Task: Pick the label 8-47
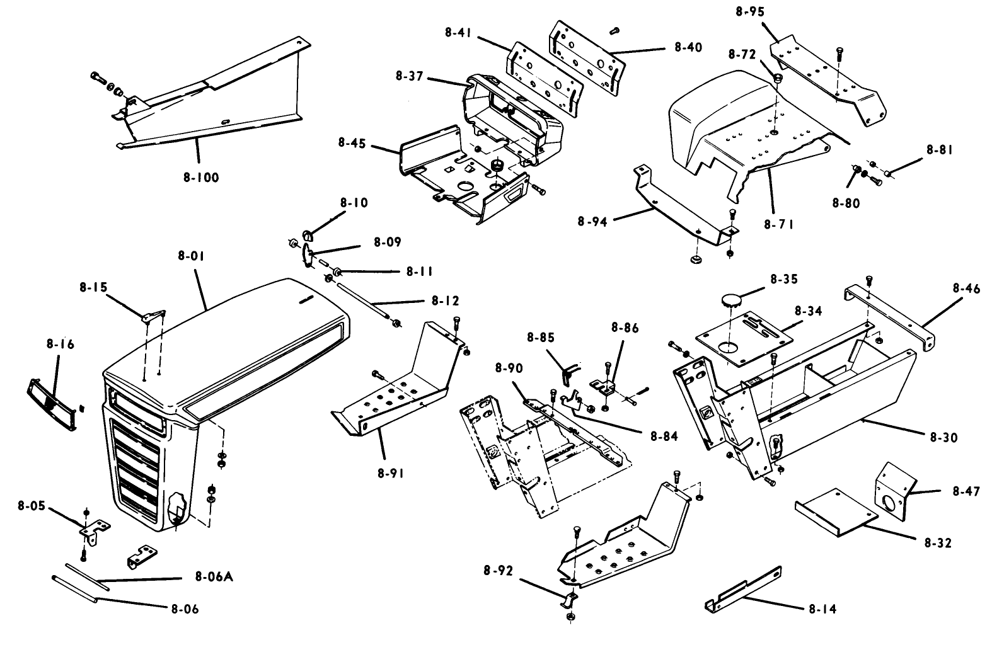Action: (966, 491)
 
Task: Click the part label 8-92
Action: (499, 571)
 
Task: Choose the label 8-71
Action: (778, 224)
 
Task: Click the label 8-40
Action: (688, 47)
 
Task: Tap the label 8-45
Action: (352, 142)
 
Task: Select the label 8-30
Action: (943, 437)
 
